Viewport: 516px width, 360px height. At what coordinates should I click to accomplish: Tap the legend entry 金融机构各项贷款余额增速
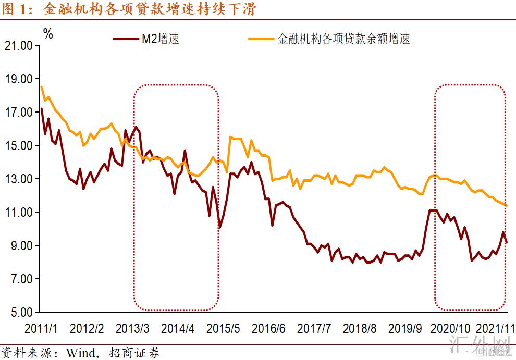point(343,39)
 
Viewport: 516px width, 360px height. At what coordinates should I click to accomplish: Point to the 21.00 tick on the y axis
point(18,45)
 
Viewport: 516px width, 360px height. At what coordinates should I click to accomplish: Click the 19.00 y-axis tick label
point(18,79)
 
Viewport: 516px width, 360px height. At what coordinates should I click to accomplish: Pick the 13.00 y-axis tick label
point(18,179)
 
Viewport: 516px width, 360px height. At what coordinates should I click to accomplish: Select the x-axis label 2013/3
point(132,329)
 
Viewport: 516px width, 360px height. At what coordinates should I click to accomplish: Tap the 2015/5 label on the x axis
point(224,329)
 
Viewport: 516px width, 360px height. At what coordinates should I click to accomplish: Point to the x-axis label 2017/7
point(314,329)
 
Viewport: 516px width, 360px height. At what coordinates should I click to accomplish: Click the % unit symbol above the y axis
point(48,34)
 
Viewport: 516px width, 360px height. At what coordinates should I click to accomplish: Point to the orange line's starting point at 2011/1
point(41,86)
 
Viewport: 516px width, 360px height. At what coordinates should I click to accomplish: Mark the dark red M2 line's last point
point(507,242)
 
